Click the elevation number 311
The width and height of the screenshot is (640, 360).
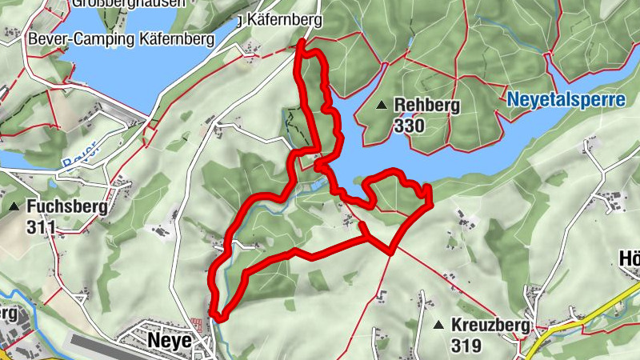click(x=41, y=227)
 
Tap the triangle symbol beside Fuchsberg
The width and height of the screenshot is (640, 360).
click(x=14, y=206)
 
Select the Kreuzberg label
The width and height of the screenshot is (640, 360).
click(x=490, y=326)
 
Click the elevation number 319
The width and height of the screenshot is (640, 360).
click(x=466, y=346)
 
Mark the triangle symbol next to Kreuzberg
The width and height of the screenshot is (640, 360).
click(x=438, y=326)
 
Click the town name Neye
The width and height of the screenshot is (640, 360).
click(x=170, y=341)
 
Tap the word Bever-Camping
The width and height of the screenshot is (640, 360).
click(x=69, y=38)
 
